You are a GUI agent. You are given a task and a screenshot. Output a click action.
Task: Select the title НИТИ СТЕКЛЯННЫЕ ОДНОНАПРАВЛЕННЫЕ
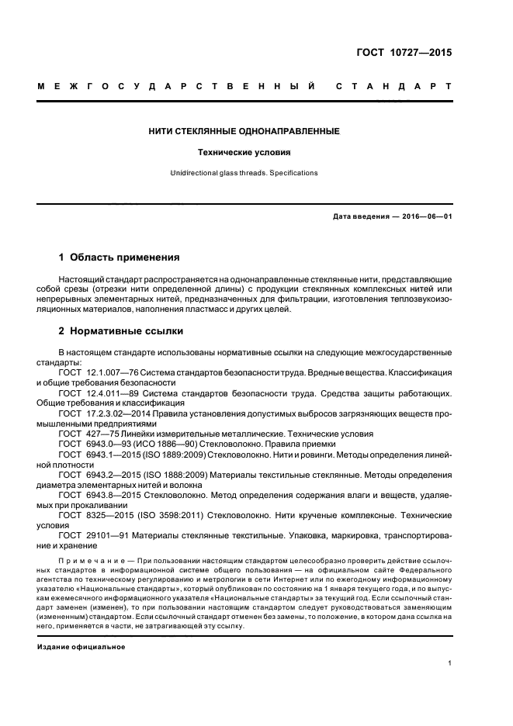click(244, 132)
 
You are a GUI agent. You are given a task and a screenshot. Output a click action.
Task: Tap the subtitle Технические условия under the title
click(244, 153)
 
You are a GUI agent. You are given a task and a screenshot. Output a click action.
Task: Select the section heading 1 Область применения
click(120, 257)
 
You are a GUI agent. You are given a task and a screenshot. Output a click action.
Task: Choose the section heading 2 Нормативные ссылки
click(122, 332)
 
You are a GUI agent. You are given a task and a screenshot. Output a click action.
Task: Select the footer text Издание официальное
click(81, 646)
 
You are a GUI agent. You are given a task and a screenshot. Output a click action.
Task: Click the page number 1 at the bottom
click(449, 663)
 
